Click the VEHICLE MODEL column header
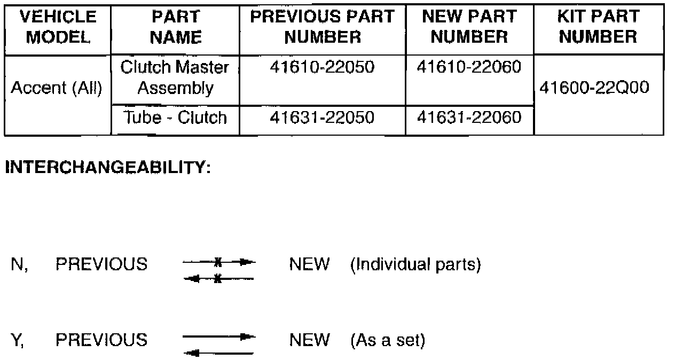point(58,27)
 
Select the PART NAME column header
point(175,27)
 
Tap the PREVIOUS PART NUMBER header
point(322,27)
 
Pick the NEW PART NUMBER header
point(469,27)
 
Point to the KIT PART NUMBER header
point(598,27)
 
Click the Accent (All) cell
point(57,88)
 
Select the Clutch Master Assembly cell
point(175,78)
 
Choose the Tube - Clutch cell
point(175,118)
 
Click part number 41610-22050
point(322,68)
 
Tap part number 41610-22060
point(469,68)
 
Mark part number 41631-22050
point(322,118)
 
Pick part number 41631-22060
point(469,118)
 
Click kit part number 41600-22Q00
point(595,88)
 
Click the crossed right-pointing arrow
point(219,262)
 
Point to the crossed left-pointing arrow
point(218,278)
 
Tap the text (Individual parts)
point(415,264)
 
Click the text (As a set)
point(388,340)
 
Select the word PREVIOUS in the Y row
point(101,340)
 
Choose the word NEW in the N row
point(310,264)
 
